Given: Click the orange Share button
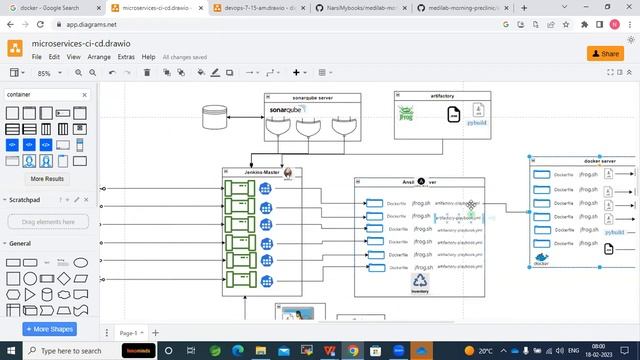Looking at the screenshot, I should (x=605, y=53).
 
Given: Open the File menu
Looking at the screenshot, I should (x=37, y=58).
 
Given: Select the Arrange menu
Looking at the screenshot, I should (x=99, y=58).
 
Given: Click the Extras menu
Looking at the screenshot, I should (x=126, y=58).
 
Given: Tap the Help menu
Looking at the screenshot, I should (x=148, y=58).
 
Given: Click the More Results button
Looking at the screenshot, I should (x=47, y=179).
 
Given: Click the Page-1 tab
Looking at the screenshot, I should (x=129, y=332).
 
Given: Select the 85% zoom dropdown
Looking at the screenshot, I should (x=48, y=73).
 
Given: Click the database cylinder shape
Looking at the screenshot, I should (x=215, y=118).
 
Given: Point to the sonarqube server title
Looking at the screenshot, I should (x=312, y=97).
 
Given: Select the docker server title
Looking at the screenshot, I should (x=600, y=161).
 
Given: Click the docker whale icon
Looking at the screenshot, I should (x=541, y=259).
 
